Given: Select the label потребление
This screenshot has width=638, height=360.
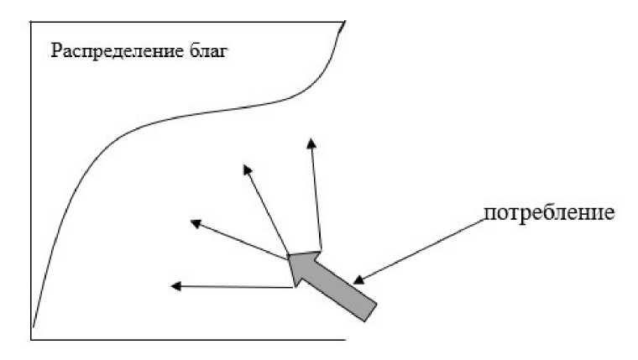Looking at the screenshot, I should (x=550, y=212).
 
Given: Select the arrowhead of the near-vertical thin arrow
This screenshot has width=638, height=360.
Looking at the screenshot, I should (x=311, y=143).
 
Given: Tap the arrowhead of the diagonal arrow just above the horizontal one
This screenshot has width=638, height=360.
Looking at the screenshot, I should (x=196, y=222).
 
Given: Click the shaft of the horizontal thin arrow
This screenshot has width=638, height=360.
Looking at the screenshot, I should (x=235, y=287).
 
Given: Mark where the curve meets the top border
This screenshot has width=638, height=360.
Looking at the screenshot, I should (x=344, y=19).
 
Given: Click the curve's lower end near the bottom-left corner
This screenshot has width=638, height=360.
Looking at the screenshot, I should (x=33, y=326).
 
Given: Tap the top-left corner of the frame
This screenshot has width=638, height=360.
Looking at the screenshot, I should (x=31, y=19).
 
